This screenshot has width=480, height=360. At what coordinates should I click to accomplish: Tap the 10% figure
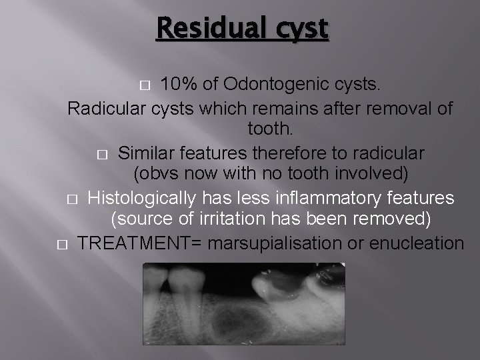tap(182, 85)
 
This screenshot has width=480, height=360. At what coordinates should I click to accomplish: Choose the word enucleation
tap(416, 243)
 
